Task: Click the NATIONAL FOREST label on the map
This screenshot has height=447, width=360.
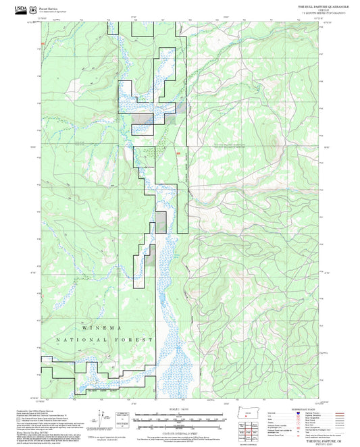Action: (105, 340)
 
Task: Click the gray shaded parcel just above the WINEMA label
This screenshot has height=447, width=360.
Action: (161, 220)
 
